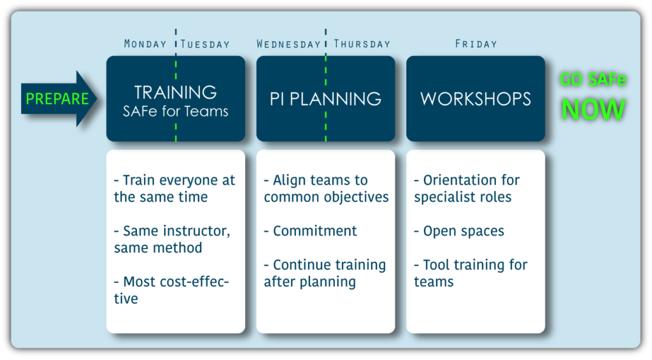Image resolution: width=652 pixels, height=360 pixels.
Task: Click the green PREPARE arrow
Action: pos(59,99)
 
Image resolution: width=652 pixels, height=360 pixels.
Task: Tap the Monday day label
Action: pos(145,44)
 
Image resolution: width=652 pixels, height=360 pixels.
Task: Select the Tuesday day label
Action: pos(205,44)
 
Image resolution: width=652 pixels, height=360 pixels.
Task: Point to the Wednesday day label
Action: pos(288,44)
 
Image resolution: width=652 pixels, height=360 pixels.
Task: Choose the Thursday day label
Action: pos(362,44)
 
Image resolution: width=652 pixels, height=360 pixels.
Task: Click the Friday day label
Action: pos(476,44)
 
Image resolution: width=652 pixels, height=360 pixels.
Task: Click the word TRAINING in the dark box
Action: pos(176,92)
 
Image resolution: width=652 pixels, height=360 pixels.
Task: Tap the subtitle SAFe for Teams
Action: pos(176,111)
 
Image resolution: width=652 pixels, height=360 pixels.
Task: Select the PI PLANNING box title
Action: pos(325,99)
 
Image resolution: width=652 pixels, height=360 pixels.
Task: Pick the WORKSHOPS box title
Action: pos(476,99)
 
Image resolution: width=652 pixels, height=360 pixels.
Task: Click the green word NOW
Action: pos(593,110)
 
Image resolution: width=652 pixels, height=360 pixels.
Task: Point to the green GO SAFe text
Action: pos(593,79)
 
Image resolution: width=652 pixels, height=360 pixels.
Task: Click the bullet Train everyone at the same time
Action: pos(174,189)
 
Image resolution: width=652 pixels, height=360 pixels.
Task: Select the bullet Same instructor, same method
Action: pos(172,240)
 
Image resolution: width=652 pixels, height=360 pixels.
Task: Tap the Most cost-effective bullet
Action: pos(171,290)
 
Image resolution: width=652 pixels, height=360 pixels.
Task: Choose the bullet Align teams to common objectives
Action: pos(327,189)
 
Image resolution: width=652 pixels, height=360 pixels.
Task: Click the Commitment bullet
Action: pos(310,231)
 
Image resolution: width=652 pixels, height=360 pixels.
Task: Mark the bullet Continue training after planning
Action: pos(325,273)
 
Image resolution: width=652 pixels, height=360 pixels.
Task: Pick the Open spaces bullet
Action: pos(459,231)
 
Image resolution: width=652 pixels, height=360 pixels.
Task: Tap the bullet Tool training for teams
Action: pos(471,273)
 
